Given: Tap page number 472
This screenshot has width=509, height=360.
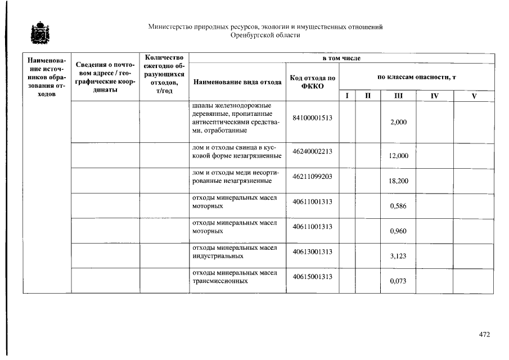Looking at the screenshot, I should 484,334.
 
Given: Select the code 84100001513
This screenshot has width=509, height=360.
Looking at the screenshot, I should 313,118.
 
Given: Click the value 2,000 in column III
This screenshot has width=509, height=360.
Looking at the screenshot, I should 398,123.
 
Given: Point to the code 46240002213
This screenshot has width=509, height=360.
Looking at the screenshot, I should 313,151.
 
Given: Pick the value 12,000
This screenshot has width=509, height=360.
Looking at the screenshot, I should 398,156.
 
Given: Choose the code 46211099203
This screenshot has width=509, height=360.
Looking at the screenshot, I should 313,177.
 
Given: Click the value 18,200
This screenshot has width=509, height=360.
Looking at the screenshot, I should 398,181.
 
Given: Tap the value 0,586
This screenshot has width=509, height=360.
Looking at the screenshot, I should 398,206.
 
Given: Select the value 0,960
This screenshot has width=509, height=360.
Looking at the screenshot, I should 398,231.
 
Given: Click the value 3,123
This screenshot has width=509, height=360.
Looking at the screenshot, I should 398,256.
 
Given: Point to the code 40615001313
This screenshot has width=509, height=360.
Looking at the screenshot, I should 313,277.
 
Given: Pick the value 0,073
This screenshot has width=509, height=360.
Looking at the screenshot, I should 398,281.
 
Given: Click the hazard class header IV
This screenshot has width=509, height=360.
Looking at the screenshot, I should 434,96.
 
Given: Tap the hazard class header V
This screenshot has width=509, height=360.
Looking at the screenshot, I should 474,96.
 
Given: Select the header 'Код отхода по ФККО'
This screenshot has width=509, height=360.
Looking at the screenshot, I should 313,82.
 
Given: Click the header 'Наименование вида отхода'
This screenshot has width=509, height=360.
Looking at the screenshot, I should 237,82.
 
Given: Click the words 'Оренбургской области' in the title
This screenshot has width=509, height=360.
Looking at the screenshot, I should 265,35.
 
